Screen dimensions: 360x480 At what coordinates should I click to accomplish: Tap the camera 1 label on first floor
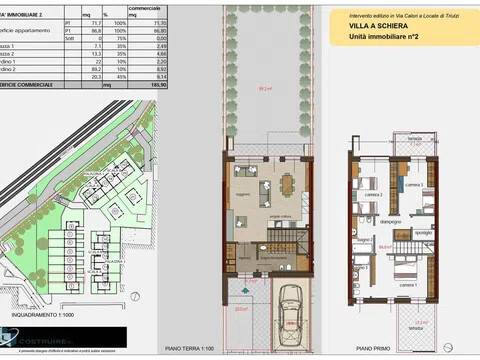click(408, 284)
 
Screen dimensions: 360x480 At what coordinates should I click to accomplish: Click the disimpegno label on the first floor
click(390, 220)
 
